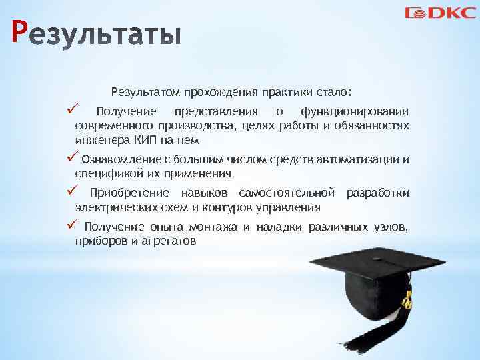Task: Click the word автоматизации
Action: coord(363,159)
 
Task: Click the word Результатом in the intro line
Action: coord(146,91)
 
